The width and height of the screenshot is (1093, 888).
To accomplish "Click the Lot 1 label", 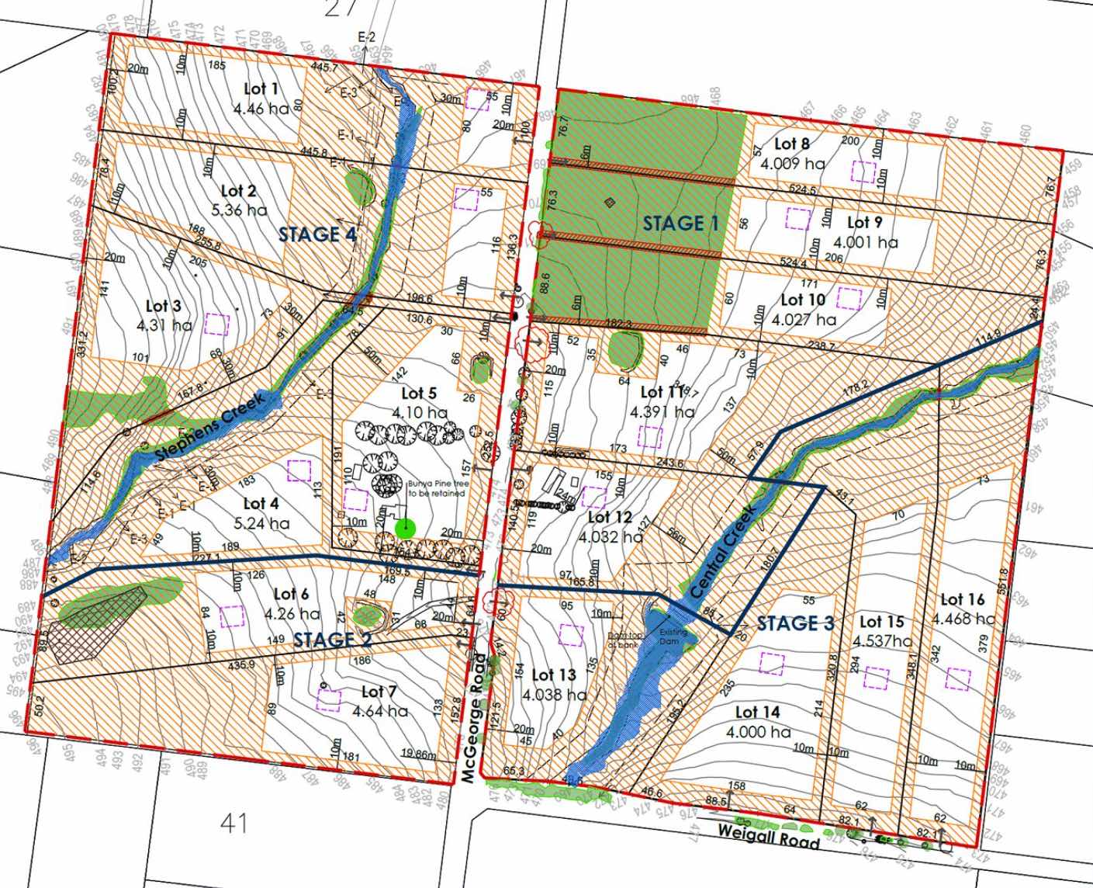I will click(x=261, y=88).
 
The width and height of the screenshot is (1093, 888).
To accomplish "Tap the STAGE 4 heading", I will click(x=318, y=234).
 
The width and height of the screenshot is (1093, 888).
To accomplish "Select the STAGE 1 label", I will click(x=681, y=224).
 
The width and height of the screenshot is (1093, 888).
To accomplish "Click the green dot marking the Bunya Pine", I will click(x=405, y=528).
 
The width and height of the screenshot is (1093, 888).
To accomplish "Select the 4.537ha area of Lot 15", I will click(x=883, y=641).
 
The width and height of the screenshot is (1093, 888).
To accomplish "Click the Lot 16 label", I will click(x=962, y=599).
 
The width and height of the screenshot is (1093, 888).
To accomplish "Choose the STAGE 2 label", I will click(x=332, y=640).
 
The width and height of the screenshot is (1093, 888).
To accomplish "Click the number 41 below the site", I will click(x=233, y=821).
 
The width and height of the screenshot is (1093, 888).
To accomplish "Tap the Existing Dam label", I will click(x=673, y=637).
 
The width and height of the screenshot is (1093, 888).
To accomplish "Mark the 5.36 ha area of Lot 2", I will click(x=238, y=210).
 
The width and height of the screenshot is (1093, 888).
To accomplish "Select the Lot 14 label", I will click(x=757, y=713).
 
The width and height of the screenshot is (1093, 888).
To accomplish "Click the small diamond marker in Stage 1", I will click(x=610, y=203).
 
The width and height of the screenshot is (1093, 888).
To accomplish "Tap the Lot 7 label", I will click(x=379, y=692).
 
